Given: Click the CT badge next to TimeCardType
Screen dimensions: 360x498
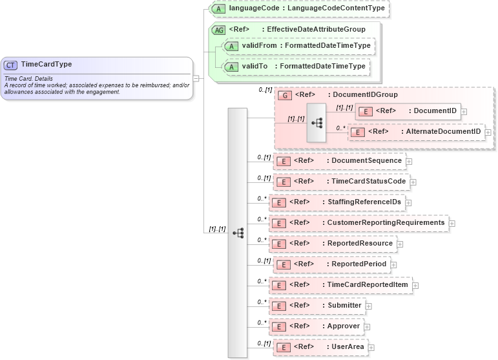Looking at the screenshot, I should (x=11, y=65).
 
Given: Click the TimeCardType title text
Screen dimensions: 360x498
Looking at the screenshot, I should (x=47, y=64).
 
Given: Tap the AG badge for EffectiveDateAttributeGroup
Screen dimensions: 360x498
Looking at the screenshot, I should (x=219, y=29).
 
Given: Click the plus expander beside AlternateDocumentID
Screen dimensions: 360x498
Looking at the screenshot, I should (x=488, y=132).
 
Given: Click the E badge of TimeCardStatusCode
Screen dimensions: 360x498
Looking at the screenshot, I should (x=282, y=182).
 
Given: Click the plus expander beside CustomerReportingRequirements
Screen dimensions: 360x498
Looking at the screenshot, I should (x=452, y=223).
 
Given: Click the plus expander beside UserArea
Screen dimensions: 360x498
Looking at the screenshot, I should (x=371, y=348).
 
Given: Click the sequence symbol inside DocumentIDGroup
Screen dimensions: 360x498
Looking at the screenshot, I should (x=317, y=122).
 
